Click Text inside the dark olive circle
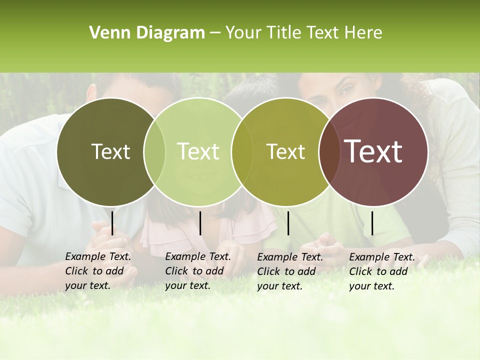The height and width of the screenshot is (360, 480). click(110, 151)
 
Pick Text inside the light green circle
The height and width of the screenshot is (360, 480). click(198, 151)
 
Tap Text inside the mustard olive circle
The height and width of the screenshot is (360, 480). click(285, 151)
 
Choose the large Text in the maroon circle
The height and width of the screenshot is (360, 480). click(373, 151)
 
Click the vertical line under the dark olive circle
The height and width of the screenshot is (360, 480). click(112, 223)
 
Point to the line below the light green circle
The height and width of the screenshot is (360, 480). click(200, 223)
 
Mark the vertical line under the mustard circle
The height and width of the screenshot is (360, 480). click(288, 223)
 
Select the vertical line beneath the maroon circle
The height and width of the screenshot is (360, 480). click(372, 223)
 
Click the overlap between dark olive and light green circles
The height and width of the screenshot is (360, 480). click(154, 151)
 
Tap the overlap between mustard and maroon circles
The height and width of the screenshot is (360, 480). click(329, 151)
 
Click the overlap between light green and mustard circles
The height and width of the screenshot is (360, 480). click(242, 151)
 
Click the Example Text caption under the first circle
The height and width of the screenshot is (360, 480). click(98, 271)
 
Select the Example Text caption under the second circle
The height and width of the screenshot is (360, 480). click(198, 271)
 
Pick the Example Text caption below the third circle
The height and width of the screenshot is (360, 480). click(290, 271)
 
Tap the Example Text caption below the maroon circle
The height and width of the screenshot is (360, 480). click(382, 271)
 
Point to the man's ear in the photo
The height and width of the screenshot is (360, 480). click(91, 93)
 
